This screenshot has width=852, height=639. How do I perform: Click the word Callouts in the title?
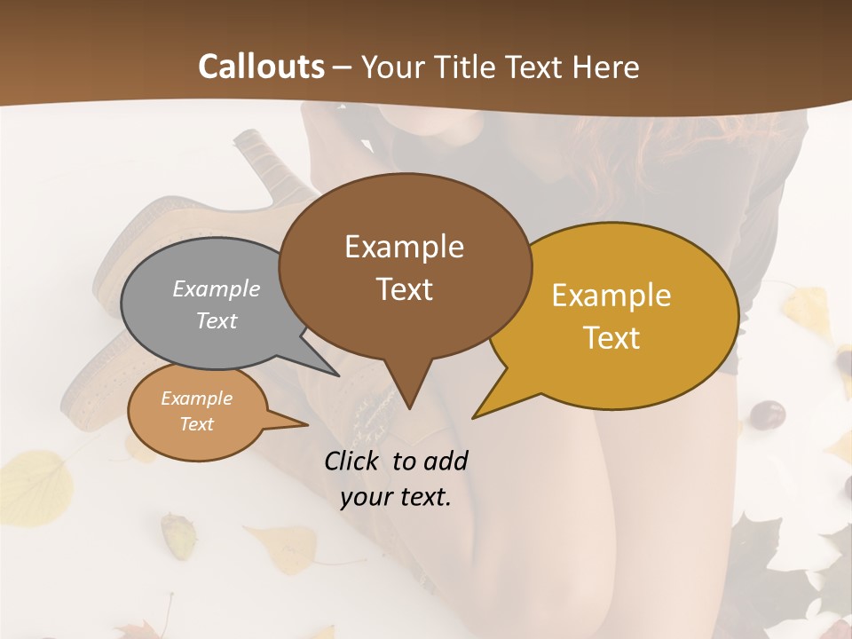[x=261, y=67]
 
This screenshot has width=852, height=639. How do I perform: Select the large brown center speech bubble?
[x=405, y=266]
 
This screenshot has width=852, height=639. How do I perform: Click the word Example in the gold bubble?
[x=611, y=296]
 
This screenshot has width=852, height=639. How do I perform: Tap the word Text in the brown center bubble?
[x=405, y=289]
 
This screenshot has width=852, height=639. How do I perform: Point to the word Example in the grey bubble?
[x=217, y=288]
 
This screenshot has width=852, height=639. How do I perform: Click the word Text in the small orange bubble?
[x=197, y=424]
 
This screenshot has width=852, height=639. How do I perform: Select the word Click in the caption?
[x=354, y=461]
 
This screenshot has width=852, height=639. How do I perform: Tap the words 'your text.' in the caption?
[x=396, y=497]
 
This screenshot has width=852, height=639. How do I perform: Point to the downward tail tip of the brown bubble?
[x=409, y=407]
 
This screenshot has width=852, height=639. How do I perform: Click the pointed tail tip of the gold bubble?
[x=474, y=416]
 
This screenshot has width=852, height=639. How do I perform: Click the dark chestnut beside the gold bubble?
[x=768, y=414]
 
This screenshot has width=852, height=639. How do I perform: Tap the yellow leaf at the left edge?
[x=35, y=484]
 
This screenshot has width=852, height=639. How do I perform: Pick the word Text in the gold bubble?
[x=612, y=338]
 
